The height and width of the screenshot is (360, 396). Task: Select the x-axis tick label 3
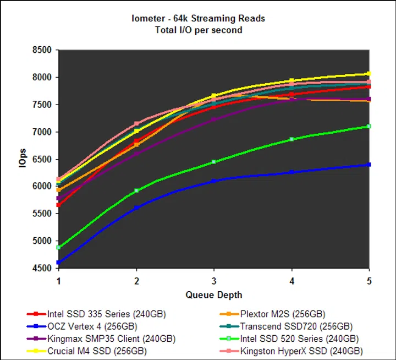214,281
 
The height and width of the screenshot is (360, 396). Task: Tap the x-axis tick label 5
369,281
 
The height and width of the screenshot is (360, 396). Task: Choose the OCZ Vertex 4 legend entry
96,326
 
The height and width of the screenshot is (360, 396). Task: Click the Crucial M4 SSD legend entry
97,351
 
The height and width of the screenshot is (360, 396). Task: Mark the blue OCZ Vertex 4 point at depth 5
369,165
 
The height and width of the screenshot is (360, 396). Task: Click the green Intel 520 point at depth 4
291,139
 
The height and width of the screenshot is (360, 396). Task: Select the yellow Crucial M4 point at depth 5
369,73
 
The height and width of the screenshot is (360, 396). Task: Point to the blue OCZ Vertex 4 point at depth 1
59,263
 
